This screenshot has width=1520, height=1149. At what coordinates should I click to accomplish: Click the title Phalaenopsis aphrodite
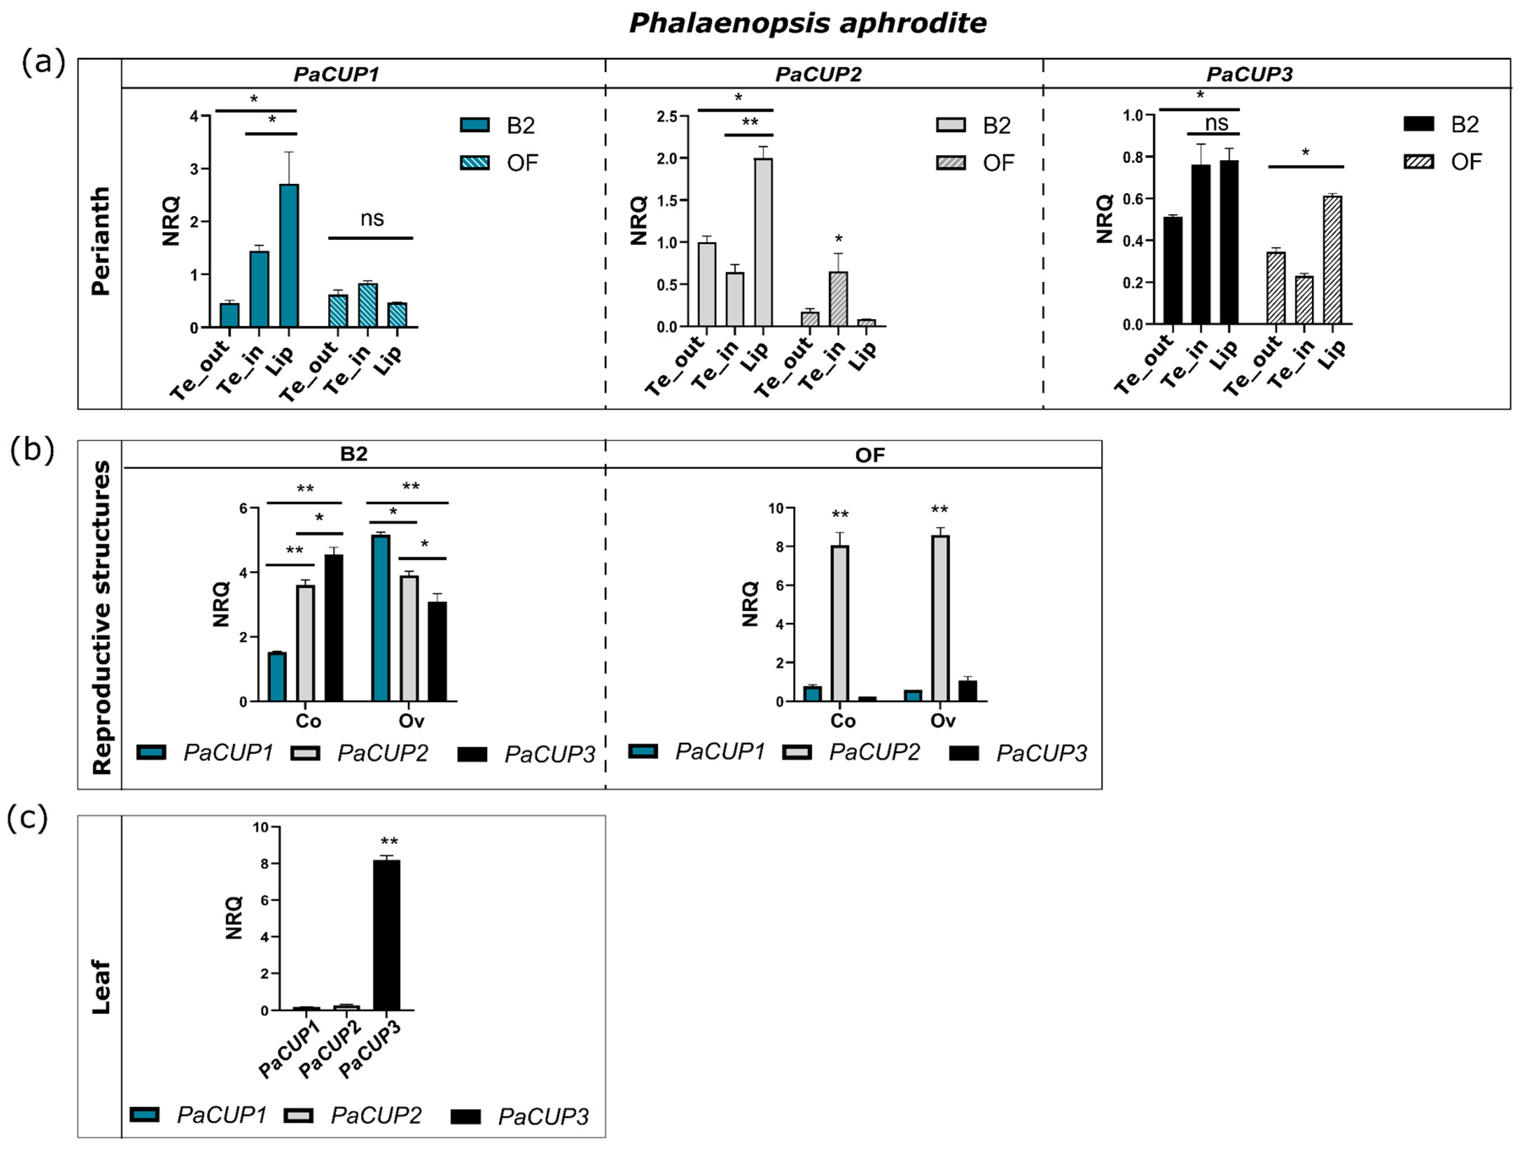pyautogui.click(x=808, y=23)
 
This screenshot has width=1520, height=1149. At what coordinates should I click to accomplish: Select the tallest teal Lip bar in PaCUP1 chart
pyautogui.click(x=289, y=256)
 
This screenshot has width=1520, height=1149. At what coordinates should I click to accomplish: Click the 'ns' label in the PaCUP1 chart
pyautogui.click(x=372, y=219)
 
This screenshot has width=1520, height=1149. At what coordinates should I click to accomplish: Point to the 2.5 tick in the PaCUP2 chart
pyautogui.click(x=666, y=116)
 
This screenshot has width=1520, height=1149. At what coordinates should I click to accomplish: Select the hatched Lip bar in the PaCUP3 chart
pyautogui.click(x=1332, y=260)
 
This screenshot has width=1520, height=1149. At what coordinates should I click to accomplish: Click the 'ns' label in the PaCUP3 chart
pyautogui.click(x=1216, y=123)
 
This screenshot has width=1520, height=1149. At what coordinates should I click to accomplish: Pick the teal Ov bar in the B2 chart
pyautogui.click(x=381, y=618)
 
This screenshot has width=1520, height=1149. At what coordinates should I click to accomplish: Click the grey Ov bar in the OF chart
pyautogui.click(x=939, y=618)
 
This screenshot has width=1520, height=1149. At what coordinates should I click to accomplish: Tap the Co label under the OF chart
pyautogui.click(x=843, y=721)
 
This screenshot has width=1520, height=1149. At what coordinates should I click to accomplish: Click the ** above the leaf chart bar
pyautogui.click(x=389, y=842)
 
